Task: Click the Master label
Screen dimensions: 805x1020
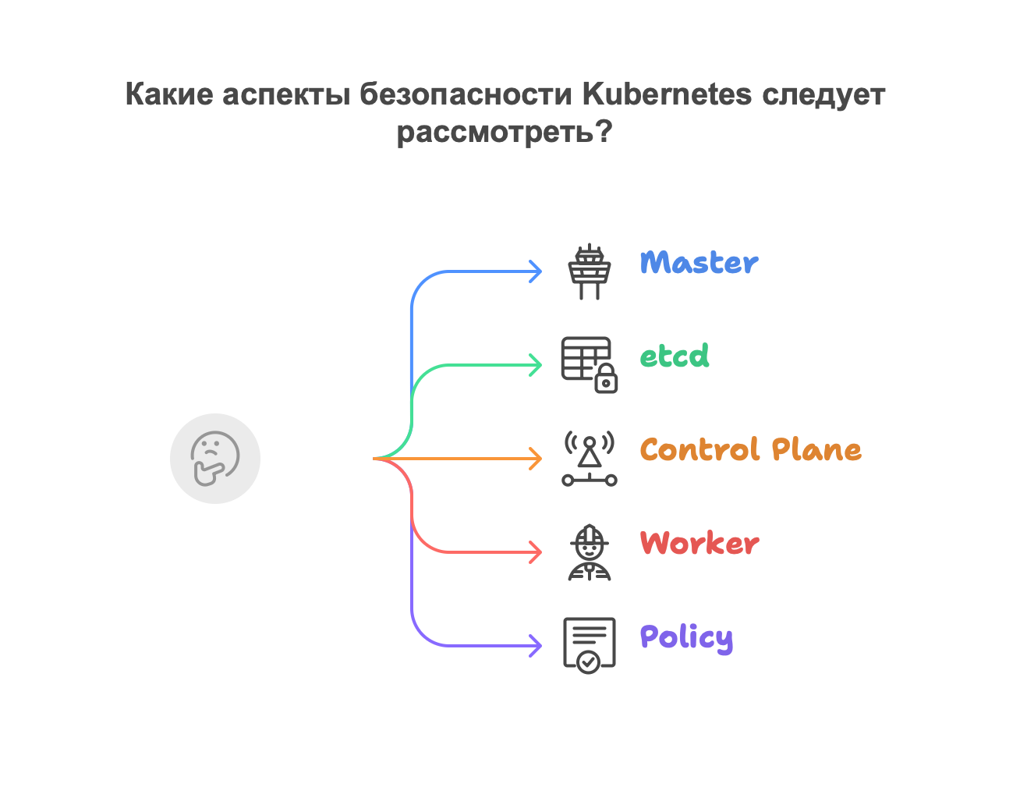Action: tap(699, 263)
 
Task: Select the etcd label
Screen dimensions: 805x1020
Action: tap(675, 356)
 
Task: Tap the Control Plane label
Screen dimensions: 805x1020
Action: tap(751, 450)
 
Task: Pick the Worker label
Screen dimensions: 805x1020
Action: tap(699, 544)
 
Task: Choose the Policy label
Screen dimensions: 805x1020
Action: tap(686, 638)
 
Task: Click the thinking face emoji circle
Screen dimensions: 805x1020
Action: tap(215, 459)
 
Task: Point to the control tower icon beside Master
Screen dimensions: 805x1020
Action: tap(590, 272)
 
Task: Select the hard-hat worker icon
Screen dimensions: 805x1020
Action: tap(590, 552)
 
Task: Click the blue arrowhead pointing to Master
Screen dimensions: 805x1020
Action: tap(536, 271)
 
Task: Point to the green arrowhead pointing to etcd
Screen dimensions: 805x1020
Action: tap(536, 365)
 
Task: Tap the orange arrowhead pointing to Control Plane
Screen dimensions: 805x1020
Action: tap(536, 459)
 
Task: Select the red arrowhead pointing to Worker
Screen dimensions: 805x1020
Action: tap(536, 552)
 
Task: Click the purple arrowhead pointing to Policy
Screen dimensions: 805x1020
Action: tap(536, 646)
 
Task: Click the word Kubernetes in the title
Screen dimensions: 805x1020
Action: tap(668, 94)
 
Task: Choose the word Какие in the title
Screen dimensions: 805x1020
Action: tap(168, 94)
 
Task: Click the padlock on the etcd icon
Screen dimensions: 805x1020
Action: tap(606, 381)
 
